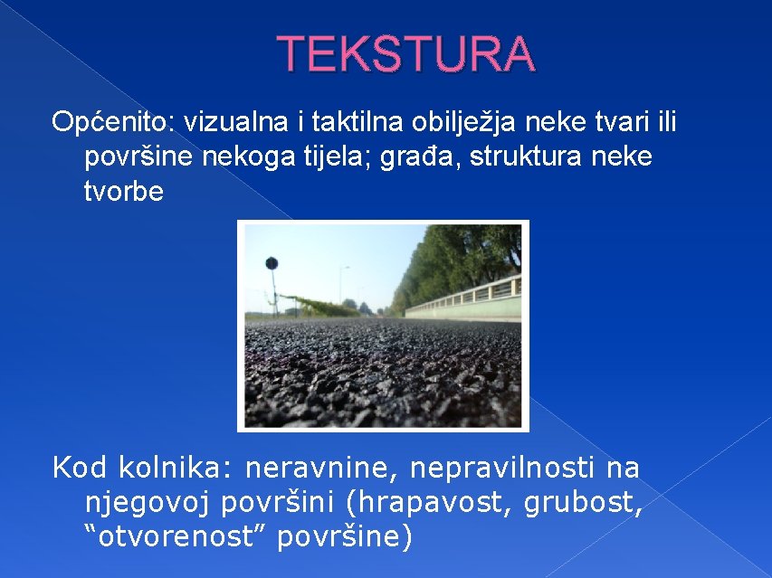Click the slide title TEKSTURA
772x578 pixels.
[x=405, y=54]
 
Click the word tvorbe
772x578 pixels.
[x=124, y=193]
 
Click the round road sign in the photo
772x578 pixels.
[x=271, y=263]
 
